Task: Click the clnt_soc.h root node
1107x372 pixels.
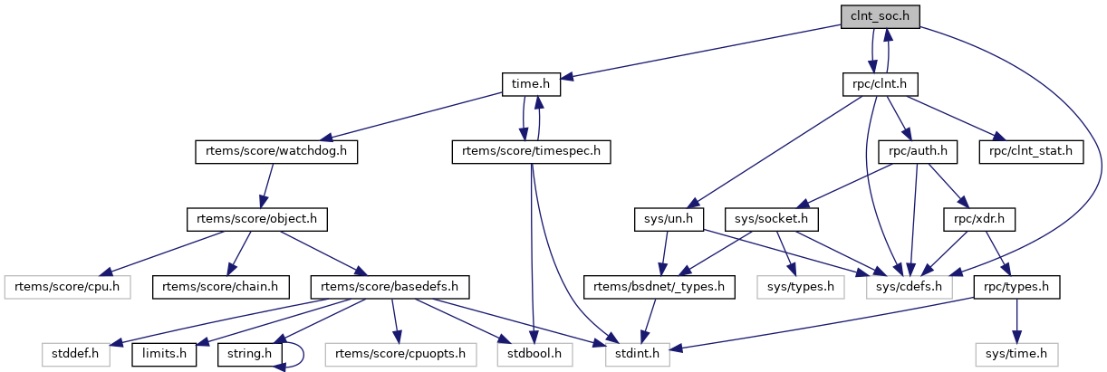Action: pyautogui.click(x=881, y=17)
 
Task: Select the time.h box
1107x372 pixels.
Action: pyautogui.click(x=531, y=85)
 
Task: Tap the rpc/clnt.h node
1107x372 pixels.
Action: pyautogui.click(x=881, y=85)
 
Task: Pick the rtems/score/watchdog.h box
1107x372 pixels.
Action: pyautogui.click(x=275, y=152)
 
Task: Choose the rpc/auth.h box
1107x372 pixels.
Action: pyautogui.click(x=919, y=152)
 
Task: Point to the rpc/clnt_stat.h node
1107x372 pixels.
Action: pyautogui.click(x=1031, y=152)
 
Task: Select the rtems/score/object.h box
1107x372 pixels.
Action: pyautogui.click(x=256, y=219)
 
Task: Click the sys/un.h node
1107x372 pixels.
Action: pyautogui.click(x=663, y=219)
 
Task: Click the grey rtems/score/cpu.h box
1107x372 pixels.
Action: pyautogui.click(x=67, y=287)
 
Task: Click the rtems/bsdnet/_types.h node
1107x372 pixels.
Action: pyautogui.click(x=659, y=287)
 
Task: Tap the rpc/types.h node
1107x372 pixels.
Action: pyautogui.click(x=1015, y=287)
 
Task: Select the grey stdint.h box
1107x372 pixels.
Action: pyautogui.click(x=638, y=354)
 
